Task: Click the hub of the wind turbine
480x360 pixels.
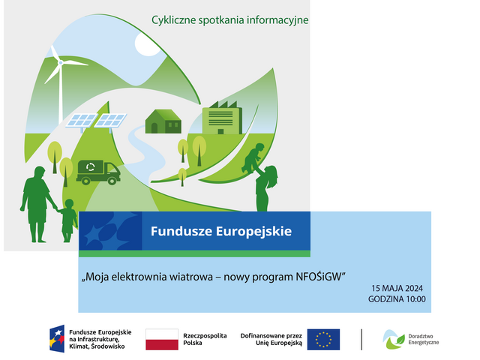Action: (x=61, y=63)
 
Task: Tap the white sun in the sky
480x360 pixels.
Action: (x=147, y=44)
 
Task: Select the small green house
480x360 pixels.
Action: (x=163, y=121)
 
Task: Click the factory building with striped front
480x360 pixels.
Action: (x=222, y=118)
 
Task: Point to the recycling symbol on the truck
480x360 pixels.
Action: (x=91, y=167)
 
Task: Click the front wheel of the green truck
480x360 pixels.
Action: (x=112, y=181)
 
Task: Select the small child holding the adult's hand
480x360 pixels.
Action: (x=68, y=220)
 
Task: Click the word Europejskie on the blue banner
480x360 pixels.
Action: (x=253, y=232)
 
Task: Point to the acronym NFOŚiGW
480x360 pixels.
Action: (x=318, y=277)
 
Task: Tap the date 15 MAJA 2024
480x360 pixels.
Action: (x=397, y=288)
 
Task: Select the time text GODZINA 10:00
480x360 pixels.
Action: (x=397, y=299)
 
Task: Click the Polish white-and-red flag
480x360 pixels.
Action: (x=162, y=340)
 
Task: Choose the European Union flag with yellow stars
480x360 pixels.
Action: (x=323, y=340)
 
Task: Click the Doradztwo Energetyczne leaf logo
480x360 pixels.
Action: (x=393, y=340)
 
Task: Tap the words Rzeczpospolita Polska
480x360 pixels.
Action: (x=205, y=339)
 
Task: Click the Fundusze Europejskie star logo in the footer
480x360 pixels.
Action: (x=57, y=338)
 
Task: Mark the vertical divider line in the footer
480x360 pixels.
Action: (x=361, y=340)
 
